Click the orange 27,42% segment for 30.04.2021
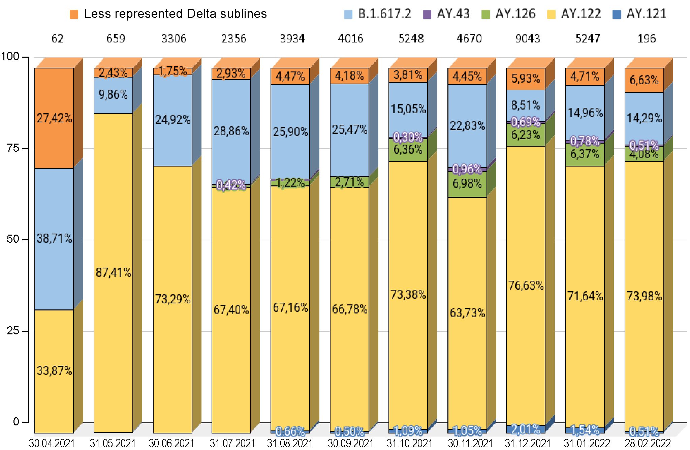click(54, 118)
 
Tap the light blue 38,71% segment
click(54, 239)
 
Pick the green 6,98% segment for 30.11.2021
click(467, 184)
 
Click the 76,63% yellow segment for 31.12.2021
click(526, 286)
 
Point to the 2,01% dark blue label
click(526, 429)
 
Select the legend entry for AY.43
click(446, 14)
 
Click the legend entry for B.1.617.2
click(378, 14)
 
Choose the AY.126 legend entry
click(509, 14)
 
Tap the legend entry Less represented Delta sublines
click(168, 14)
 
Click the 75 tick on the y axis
click(14, 149)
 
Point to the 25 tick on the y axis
click(14, 331)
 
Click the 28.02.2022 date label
click(648, 444)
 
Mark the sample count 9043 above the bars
click(528, 39)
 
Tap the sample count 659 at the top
click(116, 39)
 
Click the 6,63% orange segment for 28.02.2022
click(644, 80)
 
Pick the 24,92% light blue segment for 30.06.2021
click(172, 120)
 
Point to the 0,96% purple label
click(467, 169)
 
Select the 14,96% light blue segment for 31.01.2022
click(585, 113)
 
